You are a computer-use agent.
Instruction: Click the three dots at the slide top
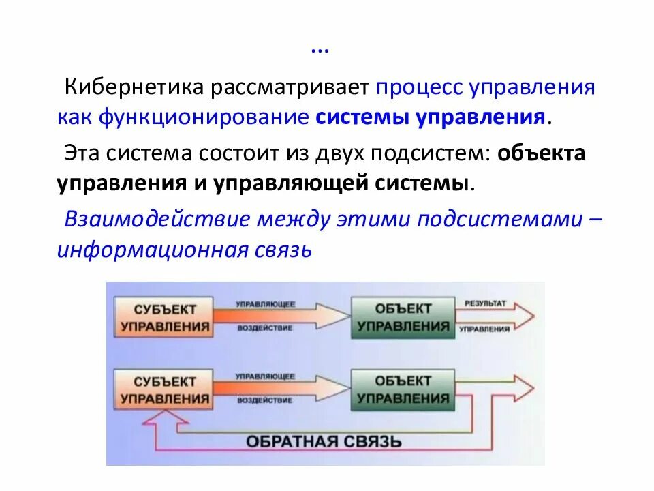(x=320, y=50)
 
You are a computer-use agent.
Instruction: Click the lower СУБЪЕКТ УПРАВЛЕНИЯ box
(x=164, y=389)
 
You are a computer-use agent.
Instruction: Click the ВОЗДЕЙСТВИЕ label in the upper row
(x=265, y=328)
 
